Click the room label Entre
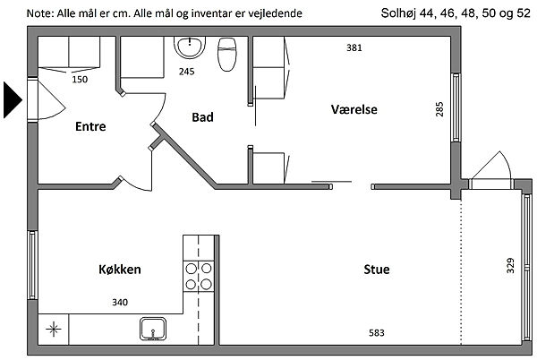point(90,126)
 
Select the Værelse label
point(354,109)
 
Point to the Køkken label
point(119,269)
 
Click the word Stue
point(376,269)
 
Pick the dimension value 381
point(354,48)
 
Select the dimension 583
point(377,333)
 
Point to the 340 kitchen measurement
point(119,303)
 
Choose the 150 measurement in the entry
point(80,79)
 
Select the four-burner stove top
point(199,276)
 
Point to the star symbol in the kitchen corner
point(55,329)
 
